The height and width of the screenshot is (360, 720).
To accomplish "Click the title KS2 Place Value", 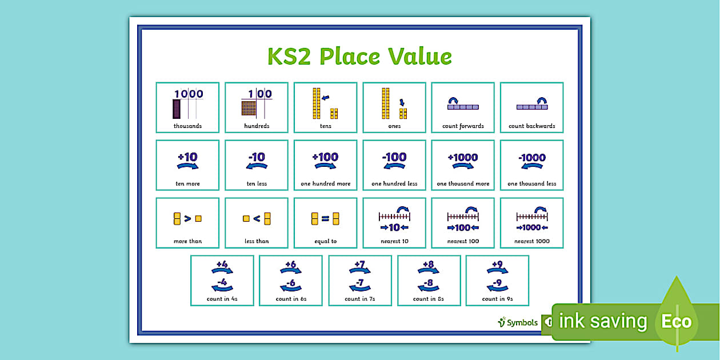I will coord(359,57).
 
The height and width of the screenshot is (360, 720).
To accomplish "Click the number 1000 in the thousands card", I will coord(189,94).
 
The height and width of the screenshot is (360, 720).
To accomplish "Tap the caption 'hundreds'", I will coord(257,126).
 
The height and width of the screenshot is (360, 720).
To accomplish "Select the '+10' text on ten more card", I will coord(187,157).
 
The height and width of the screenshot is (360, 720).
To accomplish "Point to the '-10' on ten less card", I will coord(257,157).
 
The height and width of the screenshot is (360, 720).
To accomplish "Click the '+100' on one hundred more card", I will coord(325,157).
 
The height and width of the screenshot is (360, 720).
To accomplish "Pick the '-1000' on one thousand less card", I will coord(531,157).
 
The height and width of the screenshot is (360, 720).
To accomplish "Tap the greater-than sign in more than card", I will coord(187,218).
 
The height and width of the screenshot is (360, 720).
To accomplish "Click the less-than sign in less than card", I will coord(257,218).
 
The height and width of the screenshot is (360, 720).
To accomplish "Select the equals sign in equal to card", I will coord(325,218).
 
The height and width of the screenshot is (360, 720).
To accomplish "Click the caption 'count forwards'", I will coord(463,126).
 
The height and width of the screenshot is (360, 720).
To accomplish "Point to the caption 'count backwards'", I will coord(531,126).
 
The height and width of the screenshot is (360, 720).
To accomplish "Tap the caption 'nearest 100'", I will coord(463,241).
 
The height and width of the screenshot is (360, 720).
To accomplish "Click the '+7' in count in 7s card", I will coord(359,264).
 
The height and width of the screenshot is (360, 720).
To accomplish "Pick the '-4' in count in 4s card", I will coord(222,282).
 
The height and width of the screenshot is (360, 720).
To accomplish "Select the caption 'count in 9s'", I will coord(497,299).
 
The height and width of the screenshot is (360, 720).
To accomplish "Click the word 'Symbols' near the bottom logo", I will coord(522,323).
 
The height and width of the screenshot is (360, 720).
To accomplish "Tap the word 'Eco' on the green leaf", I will coord(677,321).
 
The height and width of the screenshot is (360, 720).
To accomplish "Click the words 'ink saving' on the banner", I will coord(602,321).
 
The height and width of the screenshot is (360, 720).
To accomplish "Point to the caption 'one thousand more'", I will coord(463,184).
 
